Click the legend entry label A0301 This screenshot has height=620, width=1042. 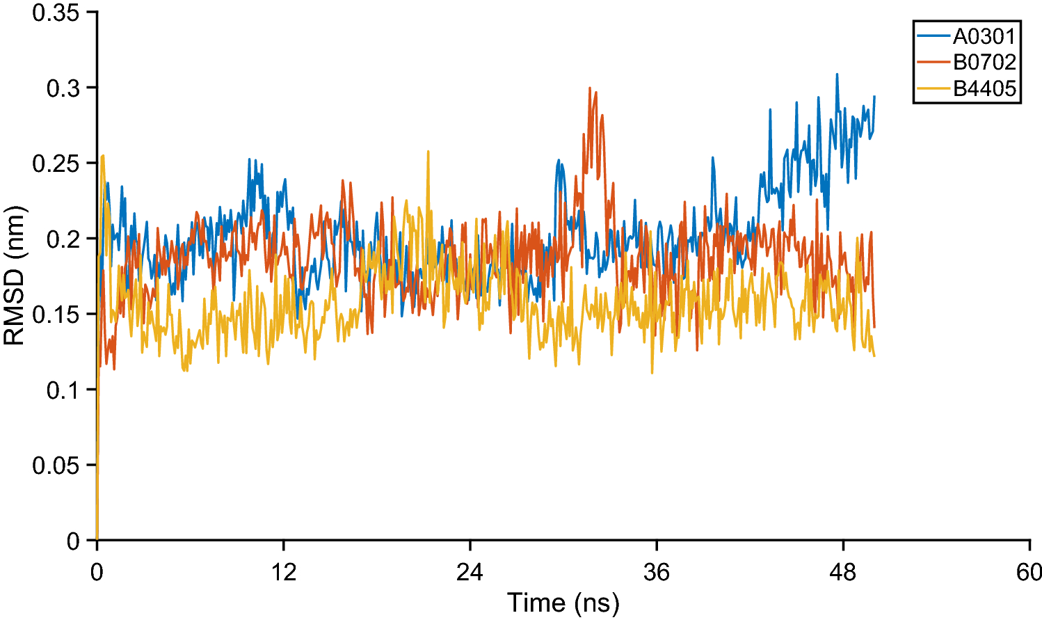(984, 35)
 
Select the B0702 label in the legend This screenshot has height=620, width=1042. (984, 62)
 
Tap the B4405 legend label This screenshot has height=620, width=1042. (984, 88)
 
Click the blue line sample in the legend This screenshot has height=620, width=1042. (933, 35)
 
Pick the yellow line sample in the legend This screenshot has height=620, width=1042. (933, 88)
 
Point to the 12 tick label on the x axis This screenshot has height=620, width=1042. (284, 572)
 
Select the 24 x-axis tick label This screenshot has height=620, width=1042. (470, 572)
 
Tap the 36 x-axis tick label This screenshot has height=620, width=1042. (657, 572)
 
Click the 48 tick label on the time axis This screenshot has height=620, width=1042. (843, 572)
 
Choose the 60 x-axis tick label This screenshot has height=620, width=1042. (1029, 572)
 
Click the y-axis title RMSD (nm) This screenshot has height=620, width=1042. (15, 276)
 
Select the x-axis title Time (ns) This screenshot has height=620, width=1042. (563, 603)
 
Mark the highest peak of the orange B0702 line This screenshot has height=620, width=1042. (590, 88)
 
